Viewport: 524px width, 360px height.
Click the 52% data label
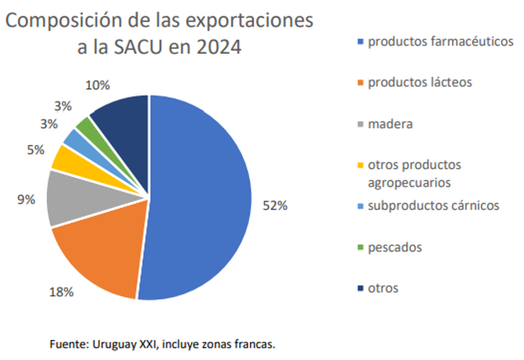pos(276,205)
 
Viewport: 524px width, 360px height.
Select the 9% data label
pos(26,200)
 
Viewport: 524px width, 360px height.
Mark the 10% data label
pos(97,85)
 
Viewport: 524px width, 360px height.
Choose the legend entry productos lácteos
pos(419,82)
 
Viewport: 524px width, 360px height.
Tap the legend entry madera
pos(390,124)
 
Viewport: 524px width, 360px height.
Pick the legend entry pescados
pos(394,247)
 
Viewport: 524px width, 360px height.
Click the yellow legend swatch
pos(360,166)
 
